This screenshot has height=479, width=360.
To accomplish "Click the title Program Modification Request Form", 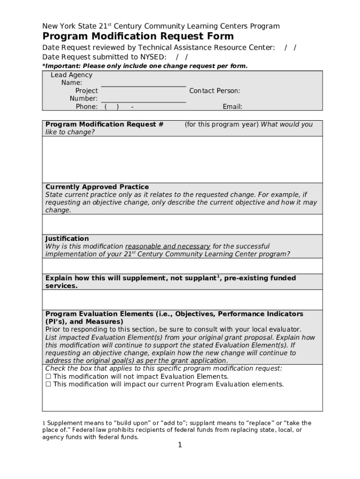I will [x=138, y=36].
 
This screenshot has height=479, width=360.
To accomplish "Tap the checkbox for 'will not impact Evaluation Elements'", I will [x=48, y=377].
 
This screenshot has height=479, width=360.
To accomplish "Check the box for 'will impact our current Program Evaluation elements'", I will [x=48, y=385].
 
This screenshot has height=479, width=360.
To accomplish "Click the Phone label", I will [x=86, y=107].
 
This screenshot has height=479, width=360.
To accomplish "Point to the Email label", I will [x=232, y=107].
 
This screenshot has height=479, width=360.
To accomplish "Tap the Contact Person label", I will [x=215, y=91].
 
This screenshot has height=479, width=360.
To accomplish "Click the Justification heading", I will [x=67, y=239].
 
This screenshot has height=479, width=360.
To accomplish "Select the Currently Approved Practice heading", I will [x=97, y=187].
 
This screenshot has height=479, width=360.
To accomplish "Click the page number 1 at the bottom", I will [x=180, y=445].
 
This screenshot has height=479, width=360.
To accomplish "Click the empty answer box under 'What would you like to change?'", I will [x=182, y=159].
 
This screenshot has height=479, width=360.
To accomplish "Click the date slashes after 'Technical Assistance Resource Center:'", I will [x=290, y=48].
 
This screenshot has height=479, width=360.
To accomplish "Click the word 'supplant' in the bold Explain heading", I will [x=200, y=278].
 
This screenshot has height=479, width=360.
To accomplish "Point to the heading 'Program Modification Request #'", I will [x=104, y=124].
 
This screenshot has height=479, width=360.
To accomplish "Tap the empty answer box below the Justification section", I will [x=182, y=266].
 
